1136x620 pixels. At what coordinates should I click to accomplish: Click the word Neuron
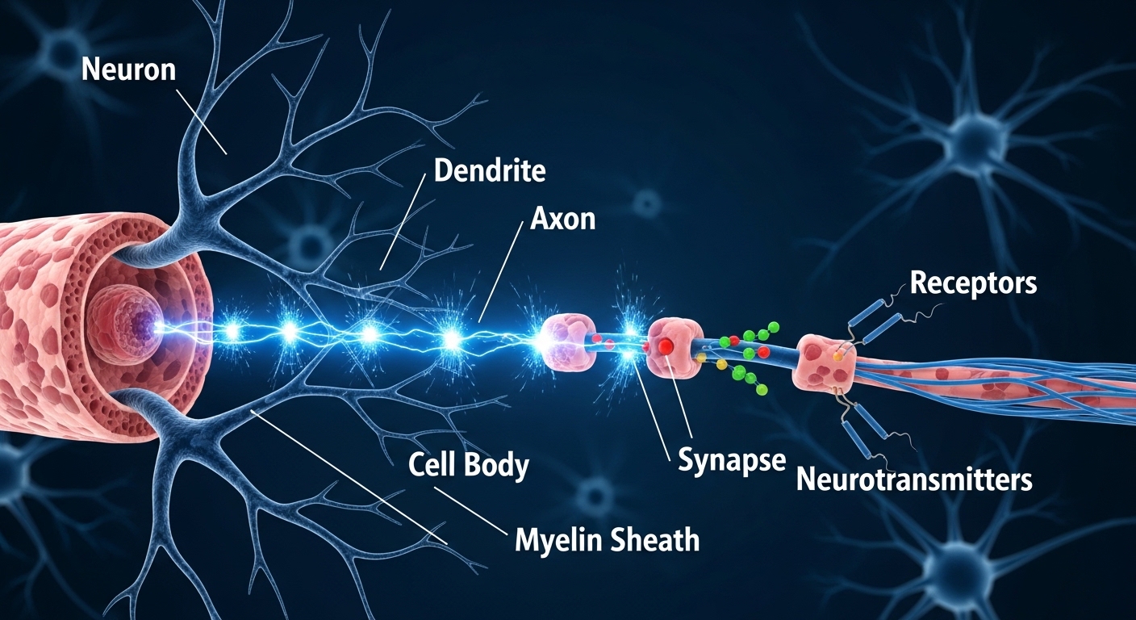pos(129,70)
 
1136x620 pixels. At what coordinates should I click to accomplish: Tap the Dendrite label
pos(489,170)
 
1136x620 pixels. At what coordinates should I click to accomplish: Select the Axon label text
pos(562,218)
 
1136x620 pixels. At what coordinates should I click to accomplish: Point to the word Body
pos(500,466)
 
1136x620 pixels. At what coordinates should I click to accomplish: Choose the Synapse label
pos(731,460)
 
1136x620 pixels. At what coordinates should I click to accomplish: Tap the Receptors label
pos(973,283)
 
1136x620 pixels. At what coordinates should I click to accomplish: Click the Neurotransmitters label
pos(914,480)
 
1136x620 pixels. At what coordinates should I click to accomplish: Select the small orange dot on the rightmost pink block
pos(838,355)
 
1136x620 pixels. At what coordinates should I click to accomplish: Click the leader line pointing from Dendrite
pos(401,225)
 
